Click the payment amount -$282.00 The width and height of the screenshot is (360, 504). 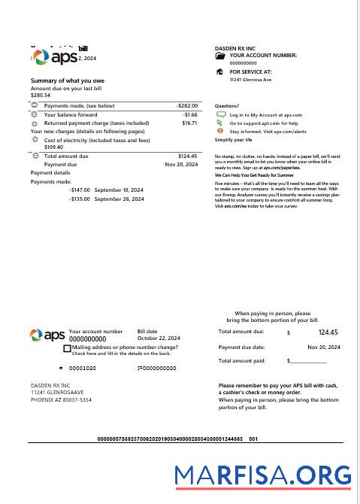click(186, 106)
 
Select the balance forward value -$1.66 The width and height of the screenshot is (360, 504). click(189, 114)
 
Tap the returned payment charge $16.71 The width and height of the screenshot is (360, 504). click(189, 123)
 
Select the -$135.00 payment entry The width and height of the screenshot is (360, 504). click(80, 199)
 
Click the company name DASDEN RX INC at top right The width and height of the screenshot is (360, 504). click(234, 48)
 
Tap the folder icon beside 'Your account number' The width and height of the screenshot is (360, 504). click(219, 56)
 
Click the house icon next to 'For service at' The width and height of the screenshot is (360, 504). click(219, 72)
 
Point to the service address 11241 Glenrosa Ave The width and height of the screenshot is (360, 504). click(250, 80)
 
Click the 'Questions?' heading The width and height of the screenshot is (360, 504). click(227, 106)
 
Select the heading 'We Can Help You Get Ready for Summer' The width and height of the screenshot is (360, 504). click(254, 175)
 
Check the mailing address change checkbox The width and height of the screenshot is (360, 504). click(68, 349)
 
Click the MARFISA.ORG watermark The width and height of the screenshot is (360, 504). click(262, 475)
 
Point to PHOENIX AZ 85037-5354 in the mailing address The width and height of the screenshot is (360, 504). click(61, 400)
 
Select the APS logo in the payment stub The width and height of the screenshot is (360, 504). click(47, 335)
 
